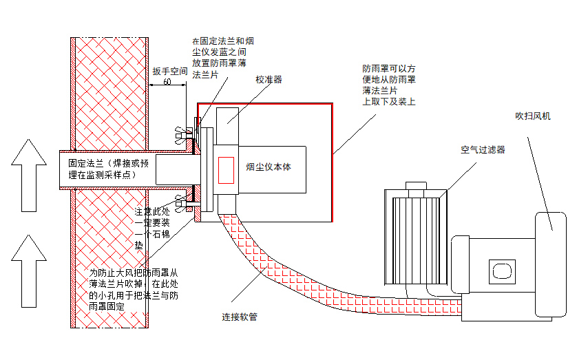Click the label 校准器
coord(269,80)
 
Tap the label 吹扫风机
coord(533,116)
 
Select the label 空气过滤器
coord(483,149)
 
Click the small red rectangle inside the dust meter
coord(227,170)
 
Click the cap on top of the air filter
coord(415,186)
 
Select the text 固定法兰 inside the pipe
coord(85,164)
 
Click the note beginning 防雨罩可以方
coord(390,85)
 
